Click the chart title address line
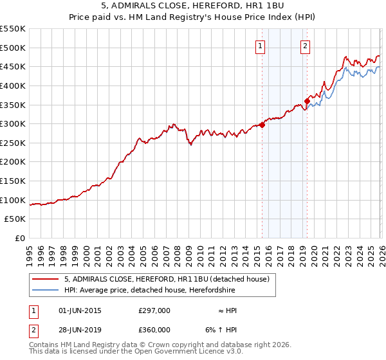tap(192, 6)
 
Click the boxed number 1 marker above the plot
tap(260, 46)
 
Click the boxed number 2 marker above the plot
tap(304, 46)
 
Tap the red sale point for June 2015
tap(262, 125)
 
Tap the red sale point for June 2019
tap(308, 101)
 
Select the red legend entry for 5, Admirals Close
tap(170, 279)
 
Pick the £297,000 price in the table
tap(154, 310)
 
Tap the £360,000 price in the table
tap(154, 329)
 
